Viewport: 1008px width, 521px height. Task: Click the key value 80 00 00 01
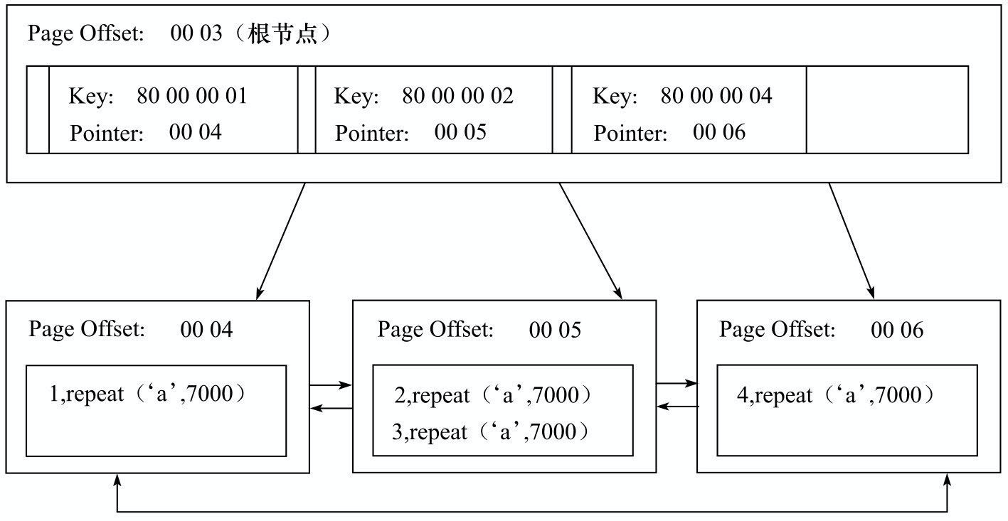[x=192, y=96]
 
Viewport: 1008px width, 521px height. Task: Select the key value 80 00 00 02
[x=457, y=96]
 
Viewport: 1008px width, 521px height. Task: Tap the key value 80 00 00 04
[x=716, y=96]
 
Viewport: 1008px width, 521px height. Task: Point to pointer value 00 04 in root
[x=196, y=132]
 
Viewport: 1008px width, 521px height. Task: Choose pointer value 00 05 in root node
[x=460, y=132]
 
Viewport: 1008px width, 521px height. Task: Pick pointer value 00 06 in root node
[x=719, y=132]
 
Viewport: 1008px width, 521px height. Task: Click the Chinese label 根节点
[x=282, y=33]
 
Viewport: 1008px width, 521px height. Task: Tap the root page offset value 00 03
[x=196, y=33]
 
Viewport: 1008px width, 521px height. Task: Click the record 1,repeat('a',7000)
[x=147, y=394]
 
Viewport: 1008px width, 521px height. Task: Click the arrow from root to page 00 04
[x=281, y=242]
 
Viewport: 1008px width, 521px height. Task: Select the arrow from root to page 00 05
[x=591, y=242]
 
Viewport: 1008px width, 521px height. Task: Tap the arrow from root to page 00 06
[x=852, y=241]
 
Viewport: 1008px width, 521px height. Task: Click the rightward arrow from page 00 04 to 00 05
[x=331, y=385]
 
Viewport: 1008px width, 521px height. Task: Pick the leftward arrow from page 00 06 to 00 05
[x=678, y=407]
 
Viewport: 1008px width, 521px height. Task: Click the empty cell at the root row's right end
[x=887, y=109]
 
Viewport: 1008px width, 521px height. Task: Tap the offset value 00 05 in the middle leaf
[x=555, y=330]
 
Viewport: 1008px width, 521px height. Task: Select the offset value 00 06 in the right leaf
[x=897, y=330]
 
